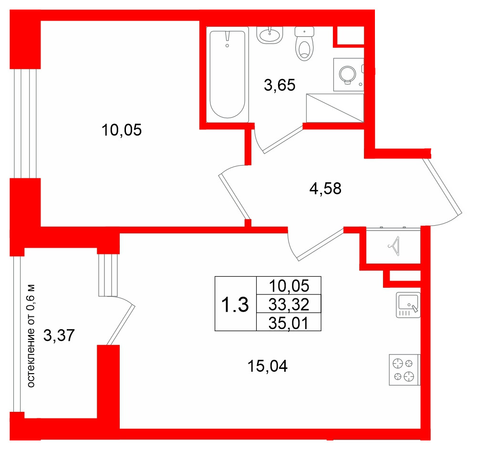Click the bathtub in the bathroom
pos(228,74)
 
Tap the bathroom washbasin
pos(270,35)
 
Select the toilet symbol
pos(304,43)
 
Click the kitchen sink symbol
pos(408,305)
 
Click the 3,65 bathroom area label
pos(280,85)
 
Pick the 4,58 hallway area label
pos(325,188)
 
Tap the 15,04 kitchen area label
pos(268,366)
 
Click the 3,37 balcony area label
pos(59,335)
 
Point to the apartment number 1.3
pos(235,304)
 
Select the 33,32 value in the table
pos(289,304)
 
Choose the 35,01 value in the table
pos(289,323)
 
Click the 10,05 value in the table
pos(289,286)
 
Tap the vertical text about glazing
pos(31,336)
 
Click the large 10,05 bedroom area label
pos(122,130)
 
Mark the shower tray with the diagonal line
pos(335,108)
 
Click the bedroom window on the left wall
pos(25,124)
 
